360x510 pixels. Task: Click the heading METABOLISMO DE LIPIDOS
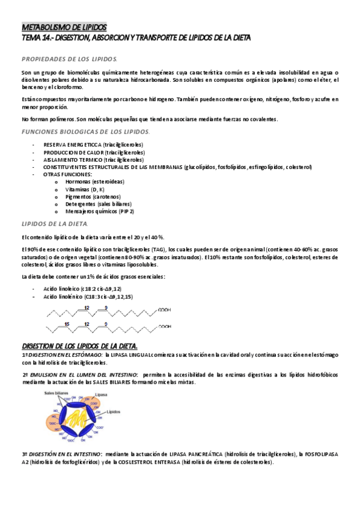(x=64, y=28)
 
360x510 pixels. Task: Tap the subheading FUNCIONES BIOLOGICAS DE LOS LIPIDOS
(x=86, y=131)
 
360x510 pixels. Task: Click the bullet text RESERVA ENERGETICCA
(x=72, y=145)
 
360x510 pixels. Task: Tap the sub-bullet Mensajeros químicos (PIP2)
(x=100, y=211)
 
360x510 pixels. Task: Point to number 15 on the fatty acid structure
(x=68, y=323)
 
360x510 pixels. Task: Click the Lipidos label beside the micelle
(x=115, y=413)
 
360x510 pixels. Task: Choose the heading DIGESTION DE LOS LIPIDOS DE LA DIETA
(x=79, y=345)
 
